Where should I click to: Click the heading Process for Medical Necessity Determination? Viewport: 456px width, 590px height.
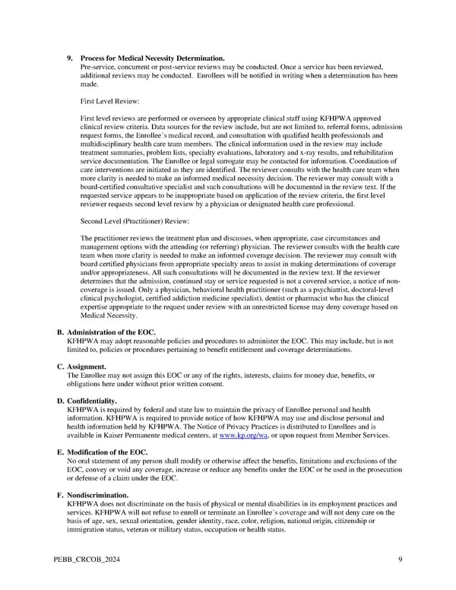pos(152,59)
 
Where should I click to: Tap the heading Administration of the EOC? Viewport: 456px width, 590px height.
pos(111,332)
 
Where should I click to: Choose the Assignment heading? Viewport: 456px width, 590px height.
pos(87,366)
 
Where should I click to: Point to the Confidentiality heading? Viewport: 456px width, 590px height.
pos(92,401)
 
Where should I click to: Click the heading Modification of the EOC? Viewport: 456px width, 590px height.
pos(107,452)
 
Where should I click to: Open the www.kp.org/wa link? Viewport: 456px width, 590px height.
pos(240,435)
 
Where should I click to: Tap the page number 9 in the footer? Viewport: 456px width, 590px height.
pos(400,560)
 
